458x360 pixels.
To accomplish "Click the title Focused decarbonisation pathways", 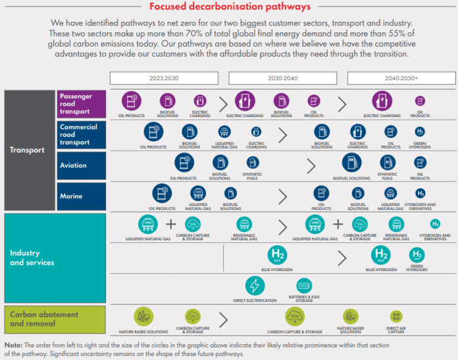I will click(x=230, y=7).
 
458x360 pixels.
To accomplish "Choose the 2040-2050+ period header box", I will click(x=399, y=78).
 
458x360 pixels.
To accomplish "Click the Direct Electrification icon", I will click(x=255, y=286).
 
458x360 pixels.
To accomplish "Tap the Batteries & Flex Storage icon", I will click(x=304, y=286).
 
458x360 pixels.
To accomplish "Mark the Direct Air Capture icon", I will click(x=396, y=317).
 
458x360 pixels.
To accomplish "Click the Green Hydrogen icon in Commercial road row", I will click(x=420, y=132).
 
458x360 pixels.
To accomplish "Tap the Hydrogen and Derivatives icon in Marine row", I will click(x=420, y=193).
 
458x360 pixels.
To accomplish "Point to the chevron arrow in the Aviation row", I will click(x=311, y=166).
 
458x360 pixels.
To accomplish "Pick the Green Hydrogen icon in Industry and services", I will click(x=417, y=255).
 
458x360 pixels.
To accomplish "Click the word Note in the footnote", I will click(x=13, y=346).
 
